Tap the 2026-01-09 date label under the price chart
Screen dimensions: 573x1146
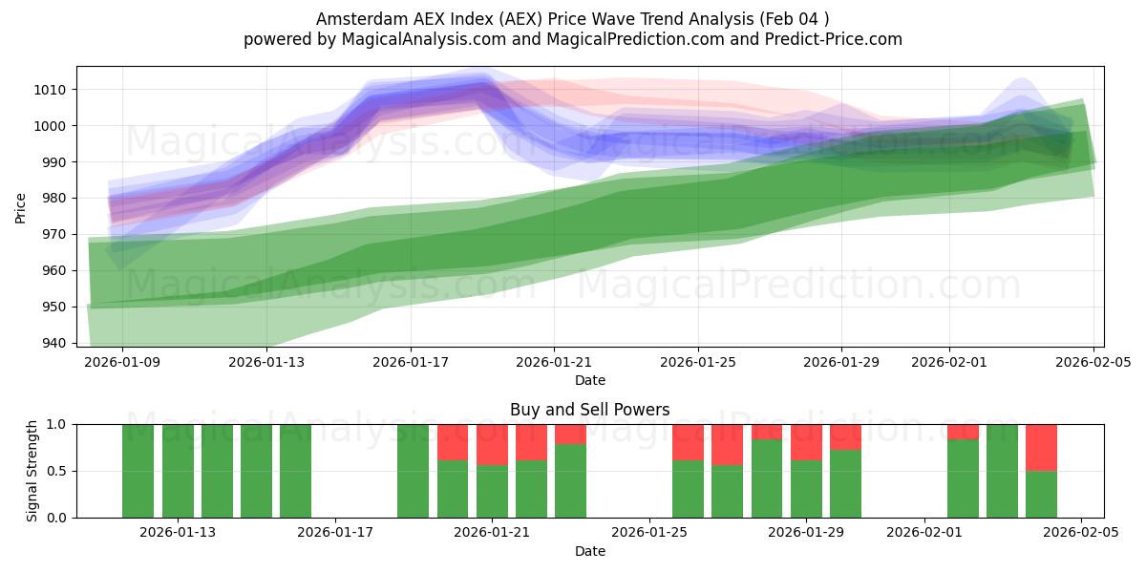pyautogui.click(x=122, y=363)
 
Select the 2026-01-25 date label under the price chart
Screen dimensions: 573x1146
pyautogui.click(x=697, y=363)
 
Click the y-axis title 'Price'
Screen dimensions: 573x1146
pyautogui.click(x=21, y=206)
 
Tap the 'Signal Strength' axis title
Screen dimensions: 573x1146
pyautogui.click(x=32, y=470)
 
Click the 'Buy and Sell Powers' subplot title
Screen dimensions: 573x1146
pyautogui.click(x=589, y=410)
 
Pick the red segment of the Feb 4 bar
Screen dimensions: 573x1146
pyautogui.click(x=1041, y=447)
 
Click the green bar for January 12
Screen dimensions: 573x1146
pyautogui.click(x=217, y=470)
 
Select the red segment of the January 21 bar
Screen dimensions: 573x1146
pyautogui.click(x=492, y=444)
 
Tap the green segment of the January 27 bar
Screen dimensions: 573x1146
pyautogui.click(x=728, y=491)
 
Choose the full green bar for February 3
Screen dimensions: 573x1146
pyautogui.click(x=1002, y=470)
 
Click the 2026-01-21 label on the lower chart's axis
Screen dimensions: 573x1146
pyautogui.click(x=492, y=533)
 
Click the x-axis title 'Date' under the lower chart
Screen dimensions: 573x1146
pyautogui.click(x=589, y=551)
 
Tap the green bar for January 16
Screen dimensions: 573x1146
pyautogui.click(x=295, y=470)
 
